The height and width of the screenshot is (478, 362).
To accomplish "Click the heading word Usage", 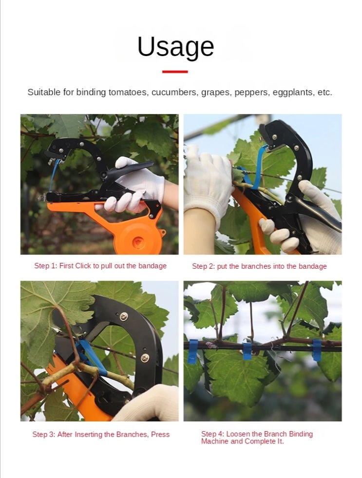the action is click(x=176, y=47).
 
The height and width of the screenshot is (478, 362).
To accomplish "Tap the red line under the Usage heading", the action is click(x=175, y=72).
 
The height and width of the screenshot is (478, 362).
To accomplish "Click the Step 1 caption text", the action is click(x=100, y=266).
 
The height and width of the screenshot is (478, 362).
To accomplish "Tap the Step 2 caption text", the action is click(x=259, y=266).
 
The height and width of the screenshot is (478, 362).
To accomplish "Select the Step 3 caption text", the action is click(x=101, y=435).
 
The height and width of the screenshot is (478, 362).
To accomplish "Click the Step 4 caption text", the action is click(x=257, y=438).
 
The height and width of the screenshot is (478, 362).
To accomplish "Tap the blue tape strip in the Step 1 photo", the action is click(x=54, y=175).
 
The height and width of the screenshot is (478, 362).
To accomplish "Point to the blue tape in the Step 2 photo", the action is click(x=255, y=170).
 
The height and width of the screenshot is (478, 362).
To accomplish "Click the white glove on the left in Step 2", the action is click(x=208, y=180).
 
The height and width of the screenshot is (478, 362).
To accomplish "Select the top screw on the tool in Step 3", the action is click(x=124, y=317).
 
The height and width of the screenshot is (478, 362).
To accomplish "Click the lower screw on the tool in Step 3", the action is click(x=145, y=358).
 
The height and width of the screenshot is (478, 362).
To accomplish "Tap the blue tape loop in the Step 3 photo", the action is click(x=91, y=356).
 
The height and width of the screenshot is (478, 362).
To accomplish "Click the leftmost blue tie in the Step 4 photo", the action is click(x=193, y=352).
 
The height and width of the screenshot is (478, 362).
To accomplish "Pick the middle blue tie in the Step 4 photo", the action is click(x=247, y=351).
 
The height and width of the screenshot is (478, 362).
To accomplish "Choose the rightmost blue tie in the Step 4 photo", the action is click(x=317, y=350).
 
